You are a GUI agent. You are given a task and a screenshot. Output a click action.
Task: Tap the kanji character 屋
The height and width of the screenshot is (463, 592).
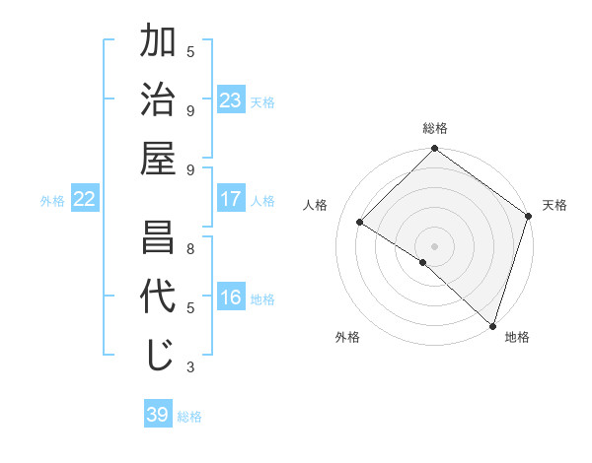159,158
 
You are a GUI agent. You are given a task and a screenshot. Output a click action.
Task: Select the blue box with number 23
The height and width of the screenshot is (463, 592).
231,100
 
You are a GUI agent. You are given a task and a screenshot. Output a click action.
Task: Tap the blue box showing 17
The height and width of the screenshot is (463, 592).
231,199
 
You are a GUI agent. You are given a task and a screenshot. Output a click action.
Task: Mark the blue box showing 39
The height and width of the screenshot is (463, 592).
157,415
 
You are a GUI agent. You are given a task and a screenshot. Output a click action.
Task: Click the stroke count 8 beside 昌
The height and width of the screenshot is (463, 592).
190,248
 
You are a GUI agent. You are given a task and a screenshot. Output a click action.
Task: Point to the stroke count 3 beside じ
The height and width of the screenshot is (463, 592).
190,367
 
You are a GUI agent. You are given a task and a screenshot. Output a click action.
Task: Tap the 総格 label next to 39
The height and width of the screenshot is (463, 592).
189,417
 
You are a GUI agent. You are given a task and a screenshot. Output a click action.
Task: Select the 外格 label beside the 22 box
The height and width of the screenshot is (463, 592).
52,201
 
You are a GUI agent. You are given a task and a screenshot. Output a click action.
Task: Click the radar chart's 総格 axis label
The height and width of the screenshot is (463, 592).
434,128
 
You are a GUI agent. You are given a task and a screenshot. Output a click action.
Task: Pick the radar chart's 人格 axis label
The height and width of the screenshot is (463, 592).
316,205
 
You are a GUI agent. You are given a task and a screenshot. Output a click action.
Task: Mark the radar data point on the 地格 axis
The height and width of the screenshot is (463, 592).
492,324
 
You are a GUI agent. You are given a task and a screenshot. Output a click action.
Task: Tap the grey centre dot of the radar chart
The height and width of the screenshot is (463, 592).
434,245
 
